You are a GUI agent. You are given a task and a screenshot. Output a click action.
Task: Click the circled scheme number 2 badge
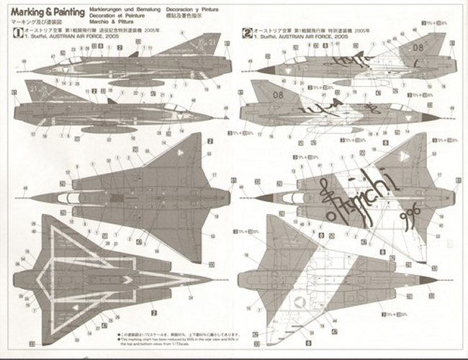coord(248,32)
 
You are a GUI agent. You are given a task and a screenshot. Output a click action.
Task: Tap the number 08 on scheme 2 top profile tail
coord(419,48)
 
